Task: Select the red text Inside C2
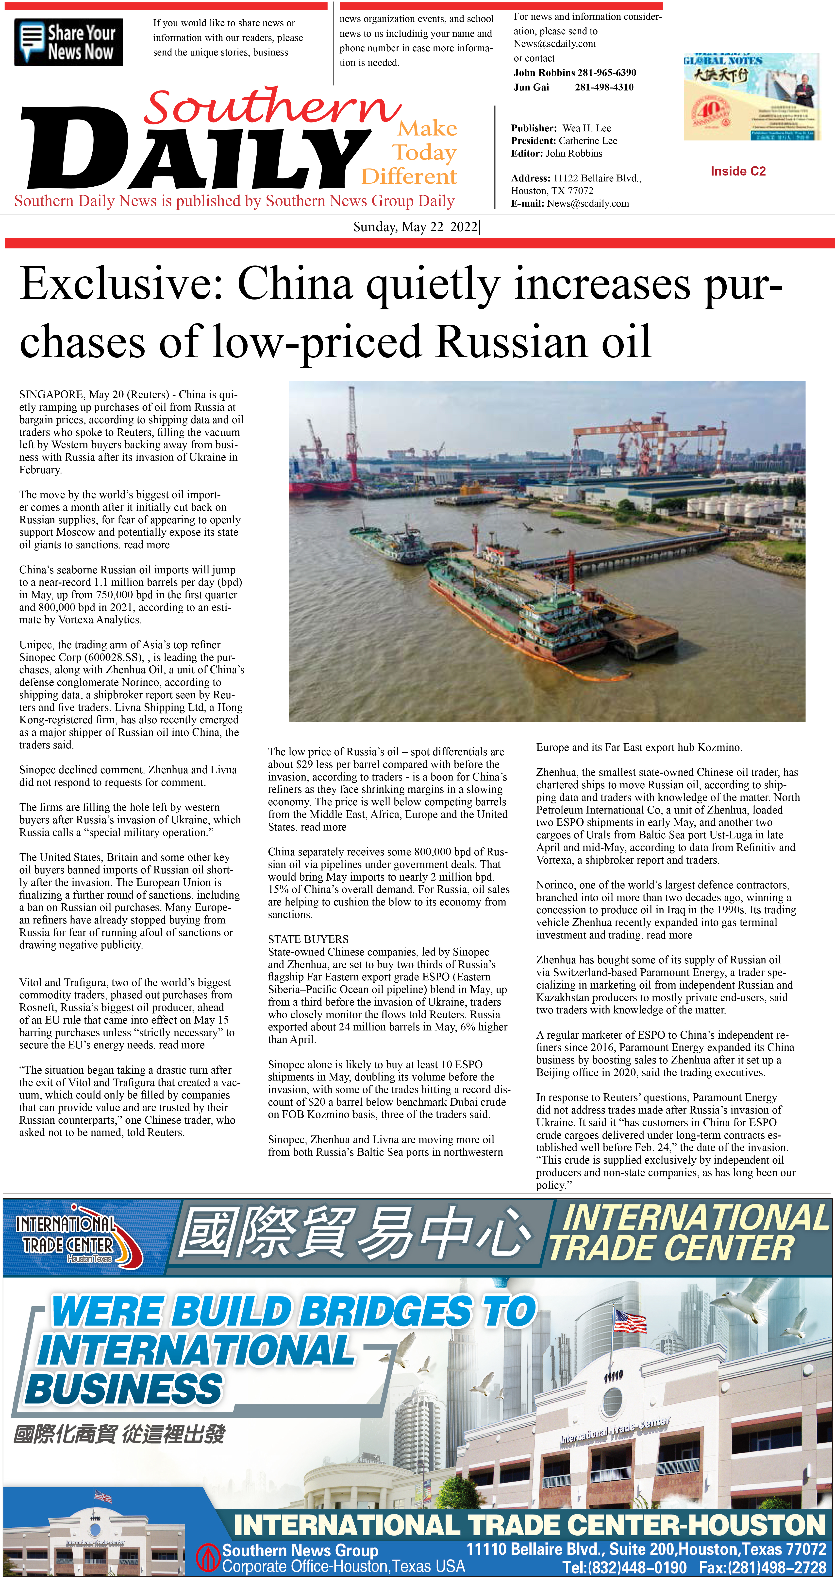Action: click(x=738, y=171)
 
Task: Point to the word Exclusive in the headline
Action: click(x=119, y=285)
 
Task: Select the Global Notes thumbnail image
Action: click(x=751, y=97)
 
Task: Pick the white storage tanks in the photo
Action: click(x=722, y=508)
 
